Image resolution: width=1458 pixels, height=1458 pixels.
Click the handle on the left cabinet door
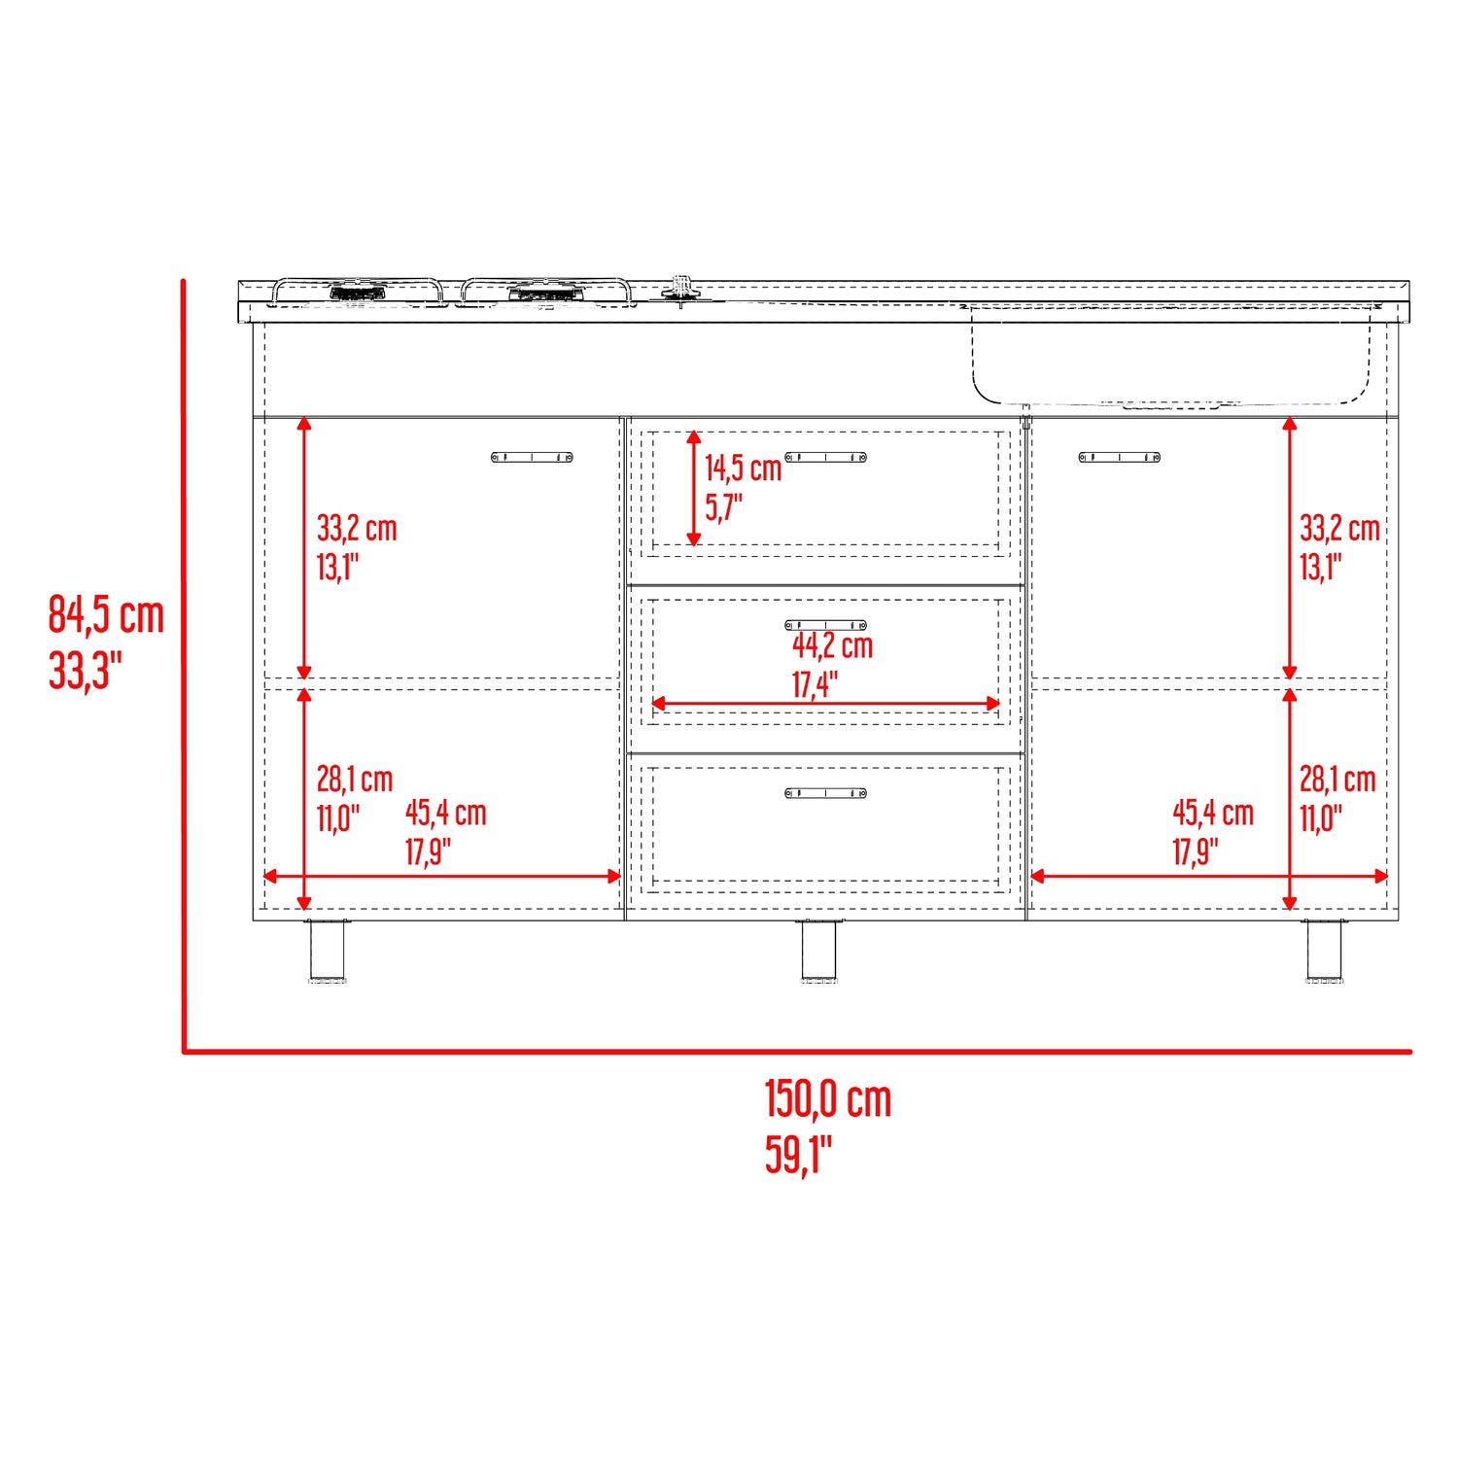[x=532, y=457]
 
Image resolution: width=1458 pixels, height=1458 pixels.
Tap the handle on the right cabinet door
[x=1119, y=457]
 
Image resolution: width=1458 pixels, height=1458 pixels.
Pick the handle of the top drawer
[x=825, y=457]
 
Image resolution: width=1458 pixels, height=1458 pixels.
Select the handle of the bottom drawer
[x=825, y=793]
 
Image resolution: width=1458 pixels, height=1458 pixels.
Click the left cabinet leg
[x=327, y=950]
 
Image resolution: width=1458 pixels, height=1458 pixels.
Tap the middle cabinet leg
[x=818, y=950]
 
